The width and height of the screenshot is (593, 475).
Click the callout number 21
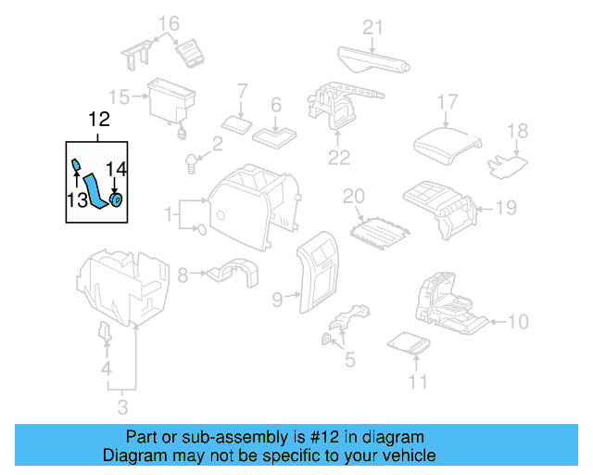(x=372, y=27)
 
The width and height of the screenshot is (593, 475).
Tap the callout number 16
(x=168, y=23)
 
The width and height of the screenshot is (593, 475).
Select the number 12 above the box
(x=98, y=120)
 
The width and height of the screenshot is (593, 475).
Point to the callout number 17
(x=448, y=101)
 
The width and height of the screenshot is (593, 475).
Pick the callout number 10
(x=518, y=322)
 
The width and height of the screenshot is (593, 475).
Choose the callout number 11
(x=419, y=381)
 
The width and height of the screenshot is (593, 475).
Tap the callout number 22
(x=339, y=157)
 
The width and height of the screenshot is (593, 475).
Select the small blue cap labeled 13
(x=77, y=164)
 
